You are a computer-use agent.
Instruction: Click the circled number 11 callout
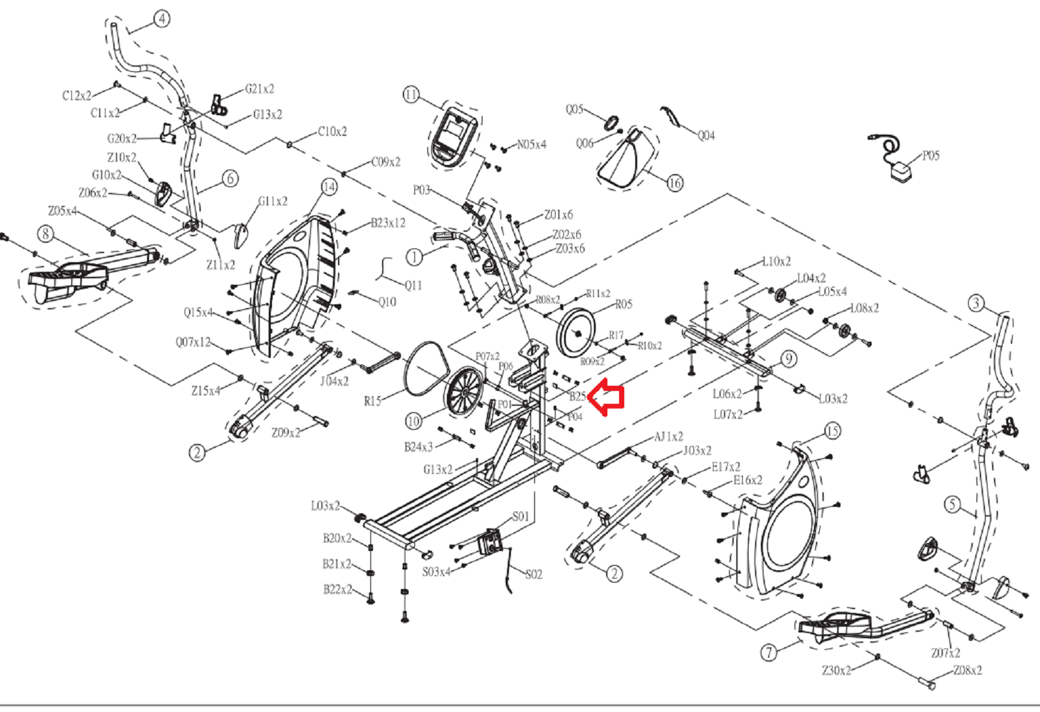tap(411, 95)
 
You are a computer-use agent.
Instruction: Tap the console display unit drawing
tap(453, 134)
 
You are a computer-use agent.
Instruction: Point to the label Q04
tap(706, 136)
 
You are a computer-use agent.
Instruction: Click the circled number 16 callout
tap(675, 183)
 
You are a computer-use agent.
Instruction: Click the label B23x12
tap(388, 223)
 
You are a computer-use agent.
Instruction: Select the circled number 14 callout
tap(329, 187)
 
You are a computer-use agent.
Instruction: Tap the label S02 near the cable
tap(534, 575)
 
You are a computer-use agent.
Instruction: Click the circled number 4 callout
tap(162, 19)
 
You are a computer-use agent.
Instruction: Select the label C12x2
tap(77, 96)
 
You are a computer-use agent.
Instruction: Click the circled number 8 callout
tap(45, 233)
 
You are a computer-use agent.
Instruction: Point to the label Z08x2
tap(967, 671)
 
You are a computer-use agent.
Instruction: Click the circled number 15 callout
tap(832, 430)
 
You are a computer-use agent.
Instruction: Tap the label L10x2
tap(776, 262)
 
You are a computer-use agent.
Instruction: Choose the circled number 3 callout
tap(976, 303)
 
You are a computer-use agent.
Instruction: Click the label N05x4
tap(532, 144)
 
